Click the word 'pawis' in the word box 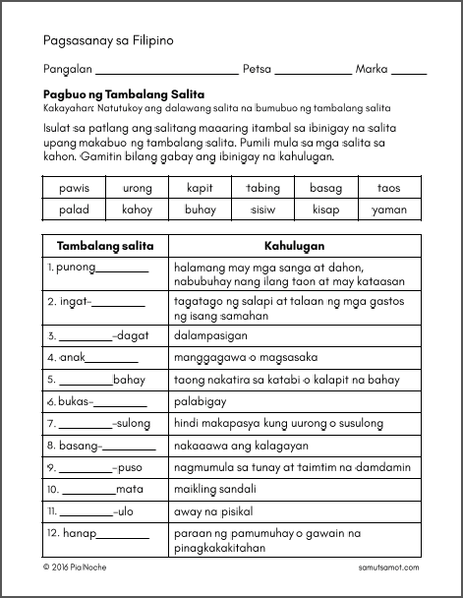[x=74, y=187]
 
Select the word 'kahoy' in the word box [x=137, y=209]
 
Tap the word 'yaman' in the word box [x=389, y=209]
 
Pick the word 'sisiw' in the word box [x=262, y=209]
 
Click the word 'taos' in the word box [x=389, y=187]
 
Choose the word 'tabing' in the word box [x=262, y=187]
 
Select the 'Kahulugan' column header [x=294, y=245]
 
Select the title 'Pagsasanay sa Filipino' [x=108, y=40]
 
